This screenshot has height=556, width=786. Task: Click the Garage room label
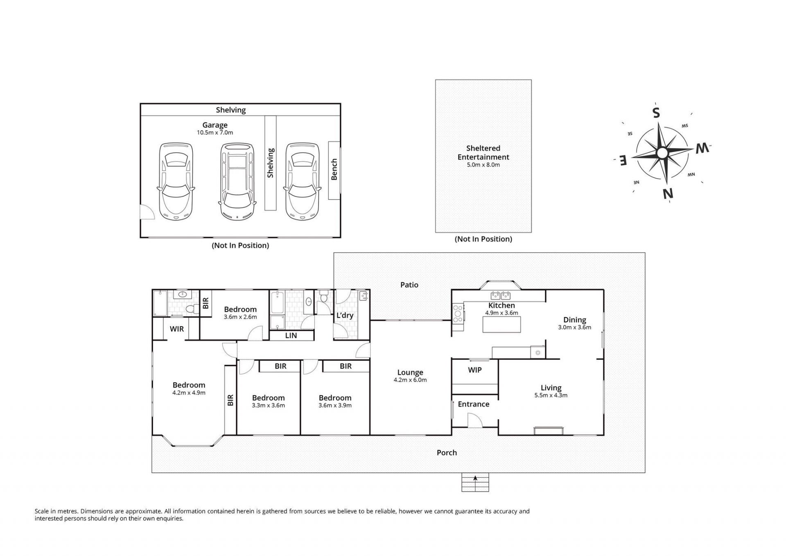[215, 125]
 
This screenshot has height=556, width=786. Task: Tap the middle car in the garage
[237, 182]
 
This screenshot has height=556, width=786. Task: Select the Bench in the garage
[334, 170]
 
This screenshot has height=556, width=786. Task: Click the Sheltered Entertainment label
[483, 152]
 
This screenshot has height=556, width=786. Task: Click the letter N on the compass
[668, 193]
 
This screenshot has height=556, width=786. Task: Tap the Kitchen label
[501, 305]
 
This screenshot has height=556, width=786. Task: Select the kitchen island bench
[502, 325]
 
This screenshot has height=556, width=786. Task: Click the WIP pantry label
[475, 370]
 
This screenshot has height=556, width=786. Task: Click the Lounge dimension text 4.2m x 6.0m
[410, 380]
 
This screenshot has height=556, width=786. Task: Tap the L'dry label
[345, 315]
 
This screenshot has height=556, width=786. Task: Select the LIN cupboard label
[291, 336]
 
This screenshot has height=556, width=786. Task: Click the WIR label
[177, 329]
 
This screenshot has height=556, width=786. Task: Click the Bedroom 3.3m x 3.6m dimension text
[268, 406]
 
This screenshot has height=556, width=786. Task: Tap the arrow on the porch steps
[475, 478]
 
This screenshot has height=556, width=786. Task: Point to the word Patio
[409, 285]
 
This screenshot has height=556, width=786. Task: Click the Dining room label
[575, 320]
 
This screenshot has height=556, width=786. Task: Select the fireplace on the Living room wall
[549, 430]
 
